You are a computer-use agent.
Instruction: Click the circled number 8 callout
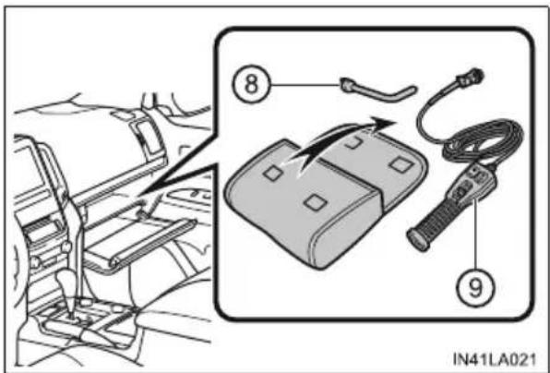pos(251,85)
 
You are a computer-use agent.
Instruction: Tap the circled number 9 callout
pos(475,288)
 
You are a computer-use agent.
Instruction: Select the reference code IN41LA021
pos(495,359)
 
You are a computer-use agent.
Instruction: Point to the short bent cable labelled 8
pos(380,92)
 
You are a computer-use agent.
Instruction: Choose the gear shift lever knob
pos(69,281)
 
